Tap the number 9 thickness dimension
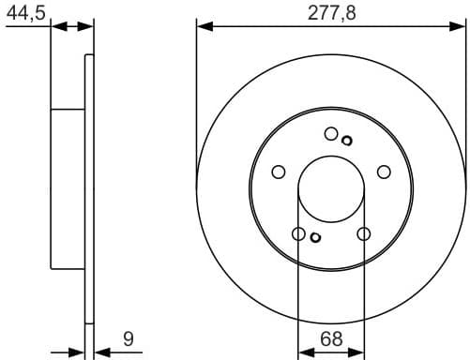point(129,338)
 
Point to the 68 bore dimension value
point(330,338)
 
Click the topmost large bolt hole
point(331,134)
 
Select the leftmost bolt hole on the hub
point(278,172)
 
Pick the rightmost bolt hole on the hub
point(384,172)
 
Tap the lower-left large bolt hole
point(298,233)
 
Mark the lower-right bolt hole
point(364,233)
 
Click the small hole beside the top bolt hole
point(346,141)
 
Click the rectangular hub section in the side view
point(68,188)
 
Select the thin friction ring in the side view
point(90,187)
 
